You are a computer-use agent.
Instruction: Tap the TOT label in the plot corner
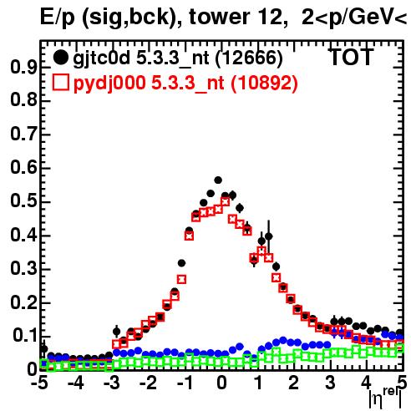352,57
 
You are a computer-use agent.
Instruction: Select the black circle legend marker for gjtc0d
60,58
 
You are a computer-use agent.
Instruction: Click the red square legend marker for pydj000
61,82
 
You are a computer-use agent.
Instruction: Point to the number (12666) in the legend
249,58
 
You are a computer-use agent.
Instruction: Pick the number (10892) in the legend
264,83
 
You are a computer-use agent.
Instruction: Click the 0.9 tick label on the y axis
23,67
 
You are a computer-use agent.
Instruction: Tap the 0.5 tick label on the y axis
23,201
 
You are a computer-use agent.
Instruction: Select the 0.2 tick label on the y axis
23,302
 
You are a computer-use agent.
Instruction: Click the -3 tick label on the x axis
112,383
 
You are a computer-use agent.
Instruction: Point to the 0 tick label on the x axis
221,383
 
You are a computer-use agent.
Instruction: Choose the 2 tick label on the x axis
294,383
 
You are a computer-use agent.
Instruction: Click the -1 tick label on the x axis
185,383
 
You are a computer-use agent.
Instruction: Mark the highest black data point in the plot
218,180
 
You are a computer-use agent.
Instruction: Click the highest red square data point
226,201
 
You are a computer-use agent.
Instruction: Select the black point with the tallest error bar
269,236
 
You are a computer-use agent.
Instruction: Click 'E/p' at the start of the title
58,18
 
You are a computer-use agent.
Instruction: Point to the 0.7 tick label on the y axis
23,134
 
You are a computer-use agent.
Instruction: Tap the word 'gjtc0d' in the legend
101,58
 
